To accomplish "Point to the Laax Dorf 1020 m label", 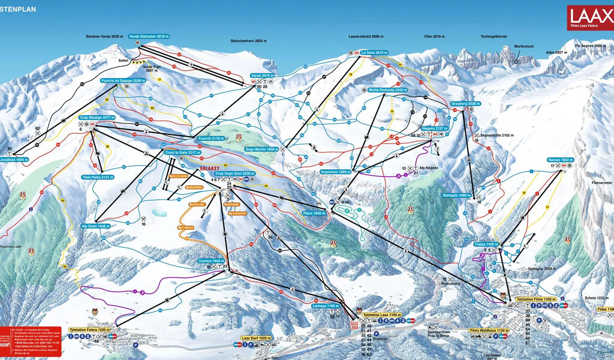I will coord(257,338).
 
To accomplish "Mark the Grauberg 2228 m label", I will coord(466,103).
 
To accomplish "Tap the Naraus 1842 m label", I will coord(561,160).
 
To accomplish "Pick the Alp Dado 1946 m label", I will coord(95,226).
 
